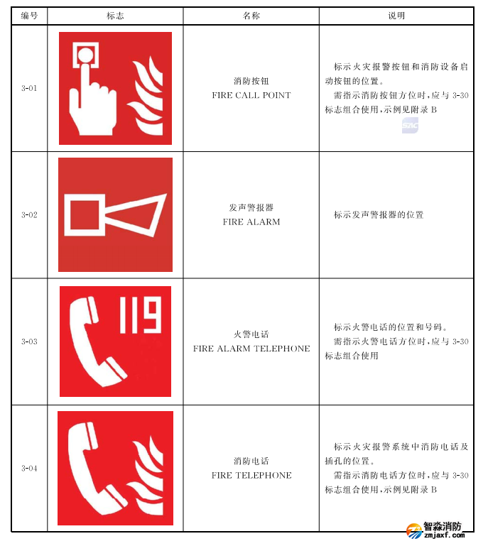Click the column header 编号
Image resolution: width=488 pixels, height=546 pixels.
[x=29, y=15]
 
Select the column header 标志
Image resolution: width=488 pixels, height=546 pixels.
[x=115, y=15]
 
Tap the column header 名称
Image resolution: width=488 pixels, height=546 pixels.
[x=251, y=15]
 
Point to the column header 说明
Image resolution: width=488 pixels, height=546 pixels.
[x=396, y=15]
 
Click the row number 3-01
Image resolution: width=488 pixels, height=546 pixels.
[x=29, y=89]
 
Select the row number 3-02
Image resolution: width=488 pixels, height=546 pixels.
[x=29, y=214]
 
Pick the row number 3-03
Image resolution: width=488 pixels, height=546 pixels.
[x=29, y=342]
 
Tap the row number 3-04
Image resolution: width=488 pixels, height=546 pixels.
[x=29, y=468]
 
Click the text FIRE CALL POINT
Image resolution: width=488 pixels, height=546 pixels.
[x=251, y=95]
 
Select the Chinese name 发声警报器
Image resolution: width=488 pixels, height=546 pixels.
[x=251, y=207]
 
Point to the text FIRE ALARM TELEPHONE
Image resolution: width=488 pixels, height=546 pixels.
[x=251, y=349]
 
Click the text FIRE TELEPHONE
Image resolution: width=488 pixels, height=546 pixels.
[x=251, y=475]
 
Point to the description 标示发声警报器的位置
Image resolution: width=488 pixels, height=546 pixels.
[x=379, y=214]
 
